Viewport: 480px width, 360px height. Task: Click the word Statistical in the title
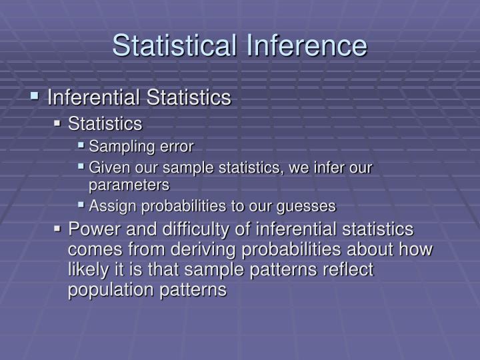[x=173, y=45]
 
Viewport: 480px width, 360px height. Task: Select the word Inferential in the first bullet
[x=93, y=97]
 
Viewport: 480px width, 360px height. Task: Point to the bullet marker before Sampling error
[x=81, y=145]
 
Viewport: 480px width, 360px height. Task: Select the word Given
[x=106, y=167]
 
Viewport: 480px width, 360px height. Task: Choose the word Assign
[x=109, y=206]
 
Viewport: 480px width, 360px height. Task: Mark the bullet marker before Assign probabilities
[x=81, y=205]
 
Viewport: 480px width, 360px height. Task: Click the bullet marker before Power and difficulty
[x=59, y=229]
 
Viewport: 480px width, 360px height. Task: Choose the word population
[x=110, y=291]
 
